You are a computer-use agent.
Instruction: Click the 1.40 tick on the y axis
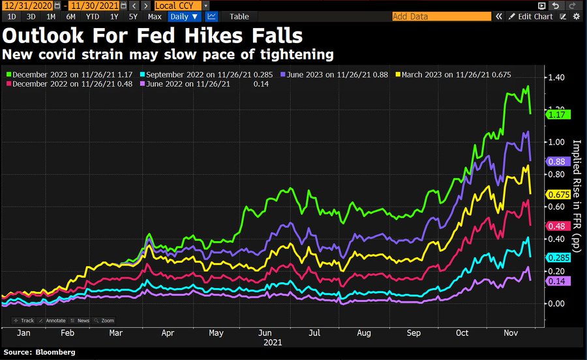555,78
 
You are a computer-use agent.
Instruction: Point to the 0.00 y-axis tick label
555,304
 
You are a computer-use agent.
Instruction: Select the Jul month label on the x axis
314,333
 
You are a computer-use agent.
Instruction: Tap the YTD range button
93,16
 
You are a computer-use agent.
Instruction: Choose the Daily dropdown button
185,16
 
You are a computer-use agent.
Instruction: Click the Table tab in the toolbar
239,16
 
